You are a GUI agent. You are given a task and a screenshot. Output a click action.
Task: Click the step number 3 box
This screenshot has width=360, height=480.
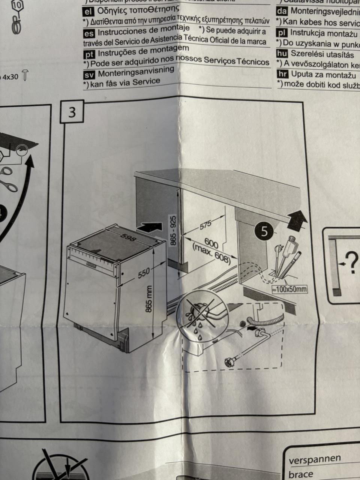(72, 112)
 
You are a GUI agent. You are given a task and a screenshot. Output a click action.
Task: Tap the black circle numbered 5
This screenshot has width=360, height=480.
(265, 231)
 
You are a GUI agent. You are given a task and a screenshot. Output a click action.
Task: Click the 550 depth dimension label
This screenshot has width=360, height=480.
(144, 273)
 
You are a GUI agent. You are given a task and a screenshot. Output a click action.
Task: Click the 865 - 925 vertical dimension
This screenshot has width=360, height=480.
(173, 231)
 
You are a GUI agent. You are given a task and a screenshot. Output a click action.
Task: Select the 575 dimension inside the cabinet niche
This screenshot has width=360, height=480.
(205, 225)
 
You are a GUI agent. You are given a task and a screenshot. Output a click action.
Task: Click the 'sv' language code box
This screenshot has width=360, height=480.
(90, 74)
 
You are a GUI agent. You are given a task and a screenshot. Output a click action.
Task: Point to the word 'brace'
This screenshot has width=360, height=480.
(301, 474)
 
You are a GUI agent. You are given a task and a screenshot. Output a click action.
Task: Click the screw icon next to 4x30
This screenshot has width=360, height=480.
(25, 75)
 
